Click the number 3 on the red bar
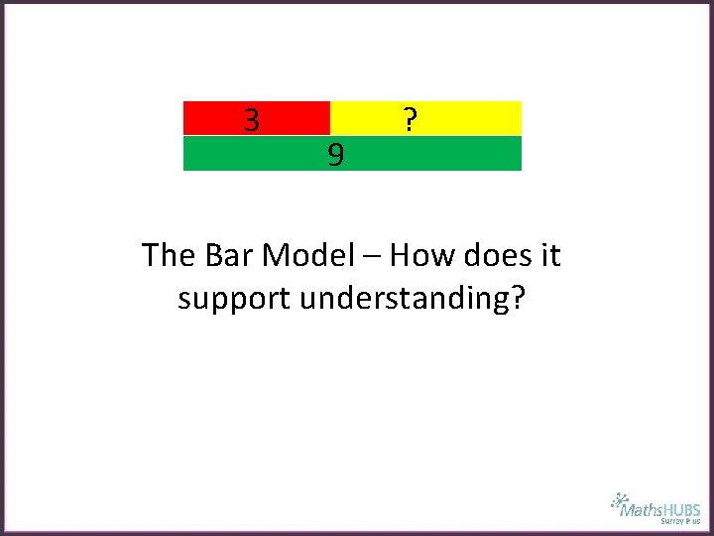tap(252, 120)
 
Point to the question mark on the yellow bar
tap(410, 120)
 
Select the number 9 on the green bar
tap(336, 155)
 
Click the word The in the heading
tap(170, 255)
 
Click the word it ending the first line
tap(549, 255)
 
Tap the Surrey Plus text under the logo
tap(680, 521)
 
